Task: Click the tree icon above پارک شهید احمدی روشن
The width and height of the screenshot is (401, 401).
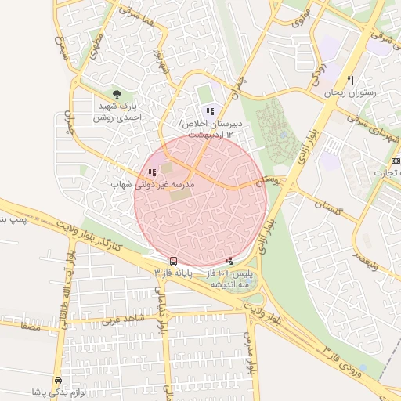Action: [117, 94]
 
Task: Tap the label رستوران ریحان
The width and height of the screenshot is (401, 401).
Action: [350, 93]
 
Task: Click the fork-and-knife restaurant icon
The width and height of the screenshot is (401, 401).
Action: [350, 80]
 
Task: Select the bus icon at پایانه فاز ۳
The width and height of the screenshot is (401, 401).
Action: [173, 261]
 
